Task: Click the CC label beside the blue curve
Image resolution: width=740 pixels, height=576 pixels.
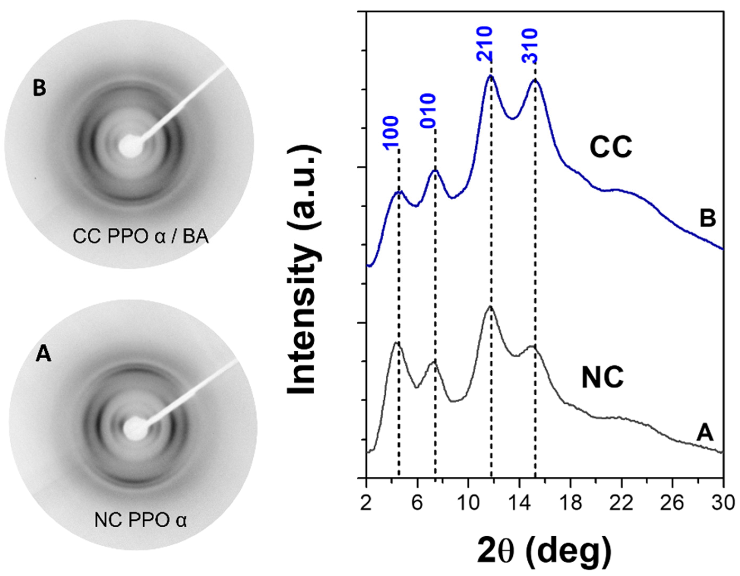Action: point(611,148)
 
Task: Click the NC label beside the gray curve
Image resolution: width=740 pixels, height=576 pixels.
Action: point(602,379)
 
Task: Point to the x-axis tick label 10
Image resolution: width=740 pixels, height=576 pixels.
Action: point(468,503)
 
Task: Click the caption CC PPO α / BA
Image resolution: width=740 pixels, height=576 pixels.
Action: point(141,237)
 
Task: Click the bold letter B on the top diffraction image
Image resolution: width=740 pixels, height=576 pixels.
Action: point(39,88)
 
